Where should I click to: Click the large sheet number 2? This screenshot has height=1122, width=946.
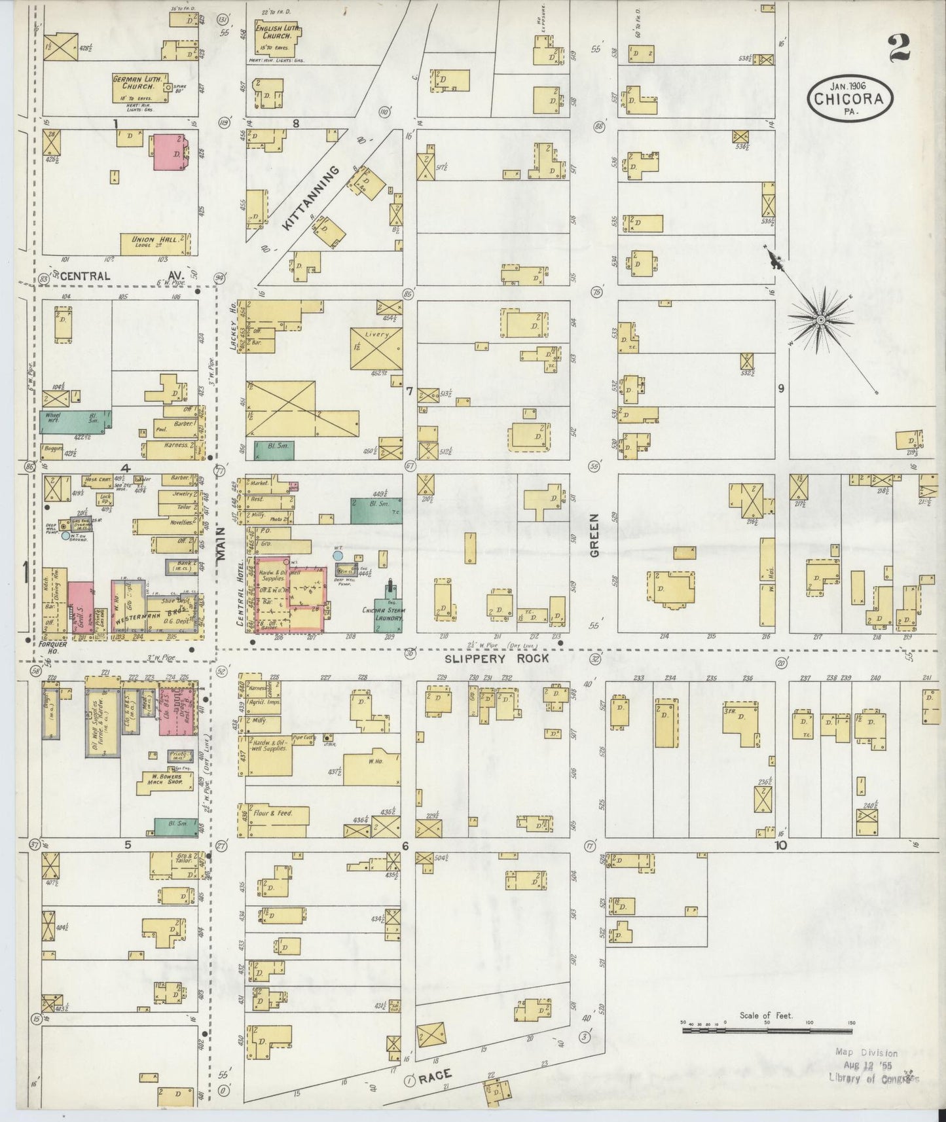[901, 47]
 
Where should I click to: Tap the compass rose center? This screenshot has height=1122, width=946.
[820, 319]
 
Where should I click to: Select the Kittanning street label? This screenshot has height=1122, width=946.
[312, 196]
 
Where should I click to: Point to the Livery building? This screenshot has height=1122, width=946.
[376, 348]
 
